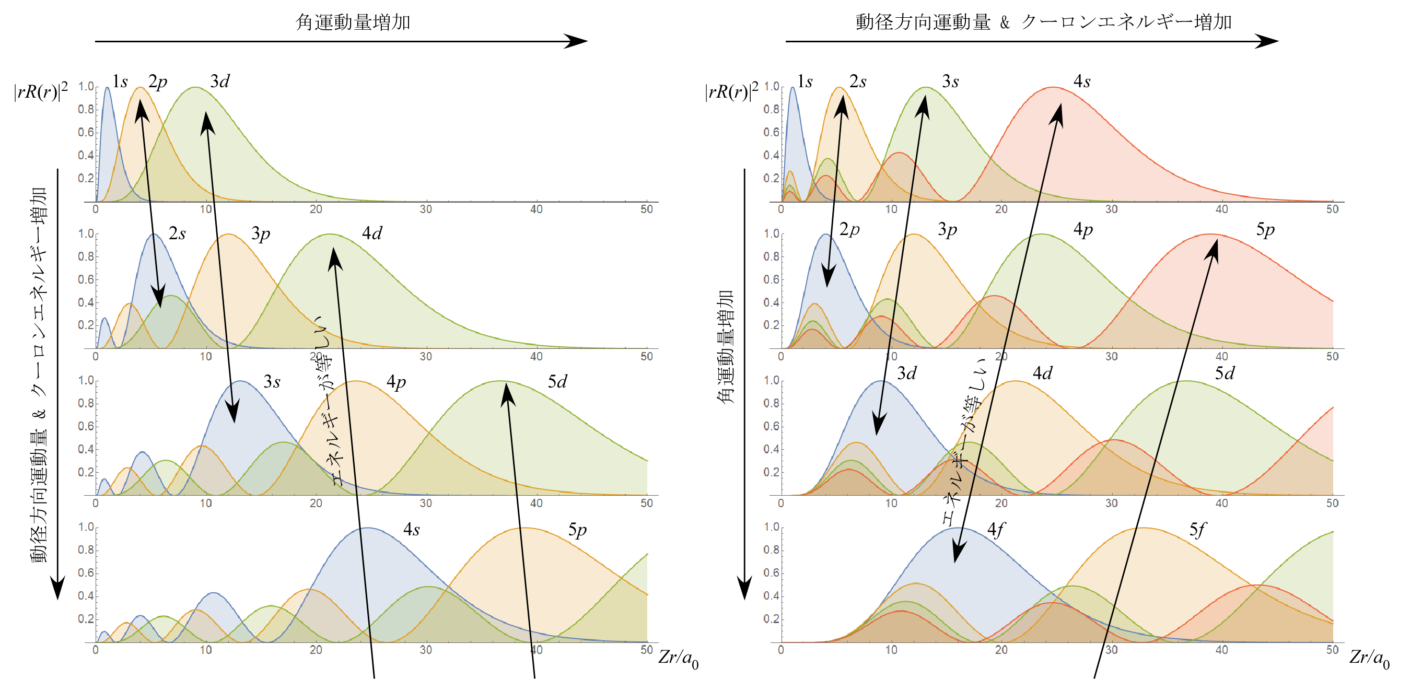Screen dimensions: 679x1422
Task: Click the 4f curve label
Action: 995,530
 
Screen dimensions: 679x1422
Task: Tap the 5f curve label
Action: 1197,530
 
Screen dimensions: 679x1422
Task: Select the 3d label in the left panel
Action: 220,81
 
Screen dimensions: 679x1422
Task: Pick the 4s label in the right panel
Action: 1081,81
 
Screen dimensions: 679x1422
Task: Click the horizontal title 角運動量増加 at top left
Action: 353,22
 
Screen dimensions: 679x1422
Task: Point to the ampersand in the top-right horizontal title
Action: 1005,22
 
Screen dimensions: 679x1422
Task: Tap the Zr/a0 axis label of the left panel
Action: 678,658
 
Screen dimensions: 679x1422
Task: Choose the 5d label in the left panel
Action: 557,382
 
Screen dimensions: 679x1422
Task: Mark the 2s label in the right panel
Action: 857,81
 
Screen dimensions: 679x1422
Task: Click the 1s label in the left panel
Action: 120,81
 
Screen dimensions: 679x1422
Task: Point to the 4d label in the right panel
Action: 1042,374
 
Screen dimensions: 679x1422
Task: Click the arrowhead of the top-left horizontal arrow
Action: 577,41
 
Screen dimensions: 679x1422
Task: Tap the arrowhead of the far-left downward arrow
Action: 57,588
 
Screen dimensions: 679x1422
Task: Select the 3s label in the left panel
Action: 272,382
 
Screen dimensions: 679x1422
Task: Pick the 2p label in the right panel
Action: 849,229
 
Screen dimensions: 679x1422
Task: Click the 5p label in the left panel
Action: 577,530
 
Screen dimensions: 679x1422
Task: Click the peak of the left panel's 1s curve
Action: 107,87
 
